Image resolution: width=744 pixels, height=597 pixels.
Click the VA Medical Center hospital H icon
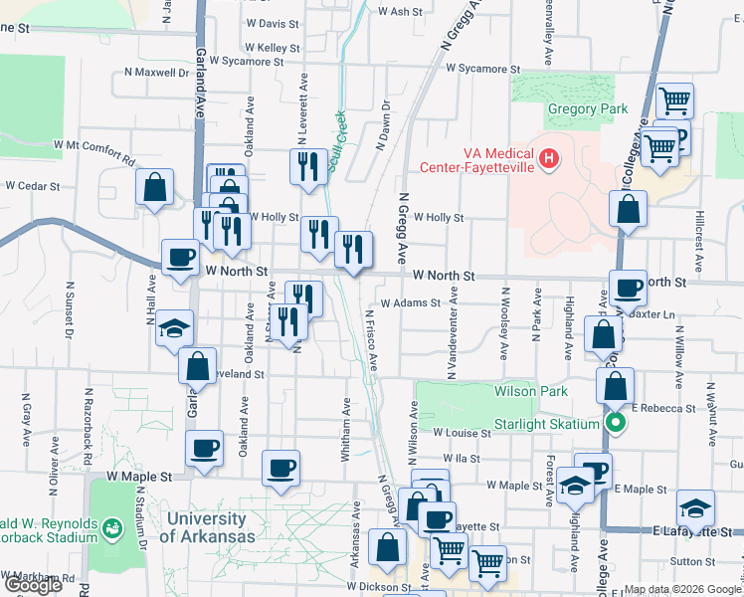(x=547, y=157)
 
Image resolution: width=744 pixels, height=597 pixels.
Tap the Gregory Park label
(x=586, y=108)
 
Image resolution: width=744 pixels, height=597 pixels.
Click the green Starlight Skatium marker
(x=616, y=424)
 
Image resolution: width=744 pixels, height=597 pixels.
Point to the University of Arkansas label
(x=206, y=527)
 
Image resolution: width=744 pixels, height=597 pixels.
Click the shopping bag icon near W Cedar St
(x=155, y=186)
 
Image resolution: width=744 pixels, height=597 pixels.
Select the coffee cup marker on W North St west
(x=180, y=259)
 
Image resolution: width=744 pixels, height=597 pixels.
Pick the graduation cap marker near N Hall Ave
(x=174, y=329)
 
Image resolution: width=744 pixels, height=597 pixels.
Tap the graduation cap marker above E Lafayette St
(x=695, y=508)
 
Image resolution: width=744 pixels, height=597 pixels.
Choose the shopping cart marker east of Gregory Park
(x=675, y=99)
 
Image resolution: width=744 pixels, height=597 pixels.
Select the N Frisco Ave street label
(x=372, y=339)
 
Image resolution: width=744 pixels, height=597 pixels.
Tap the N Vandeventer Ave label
(x=453, y=331)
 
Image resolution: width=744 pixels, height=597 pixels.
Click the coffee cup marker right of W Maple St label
(x=281, y=467)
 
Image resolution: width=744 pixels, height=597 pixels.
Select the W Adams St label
(x=409, y=303)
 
